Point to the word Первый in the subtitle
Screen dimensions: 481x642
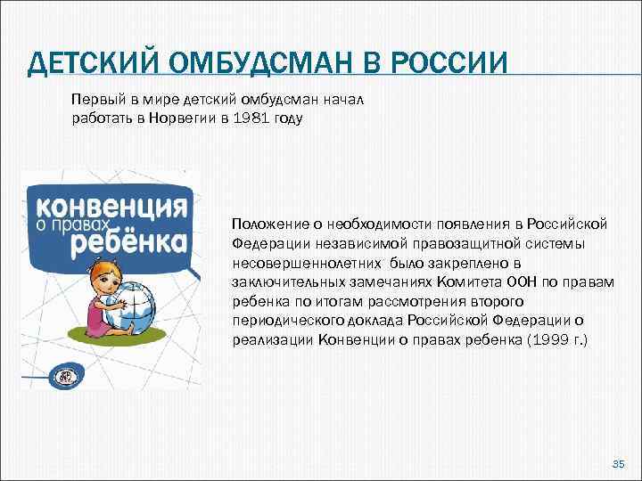[x=94, y=97]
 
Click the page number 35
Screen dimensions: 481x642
[x=618, y=464]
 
